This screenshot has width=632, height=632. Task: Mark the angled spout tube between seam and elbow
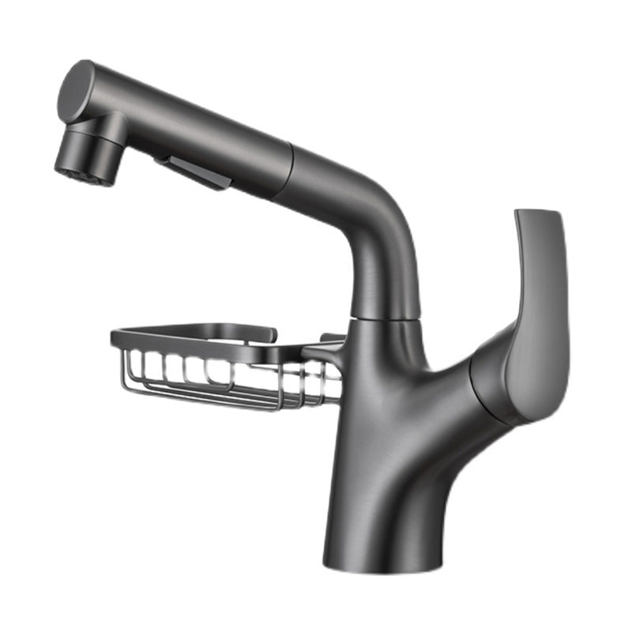332,190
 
